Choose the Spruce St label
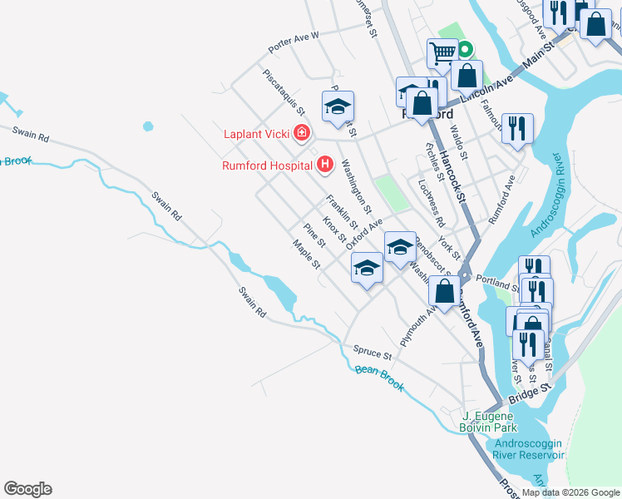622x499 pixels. point(372,350)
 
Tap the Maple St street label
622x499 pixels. point(306,255)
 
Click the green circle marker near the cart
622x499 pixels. point(466,49)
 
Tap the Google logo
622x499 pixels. point(27,489)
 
